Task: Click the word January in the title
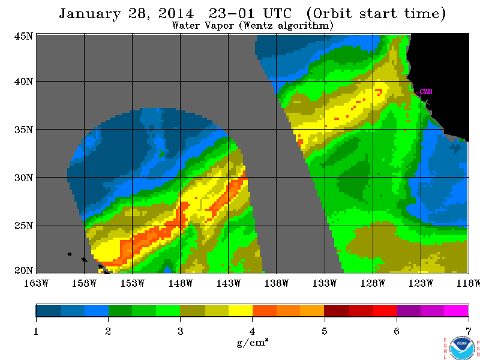click(89, 14)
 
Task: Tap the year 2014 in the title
click(176, 13)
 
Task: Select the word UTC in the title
click(277, 13)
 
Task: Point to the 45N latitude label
click(23, 37)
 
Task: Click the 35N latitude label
click(23, 130)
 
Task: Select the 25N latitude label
click(23, 226)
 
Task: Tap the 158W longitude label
click(84, 283)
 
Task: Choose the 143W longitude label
click(229, 283)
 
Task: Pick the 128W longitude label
click(373, 283)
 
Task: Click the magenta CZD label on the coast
click(426, 91)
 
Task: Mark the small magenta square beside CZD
click(418, 94)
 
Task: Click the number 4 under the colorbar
click(252, 331)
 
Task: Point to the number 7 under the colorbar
click(468, 331)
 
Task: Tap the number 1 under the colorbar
click(36, 331)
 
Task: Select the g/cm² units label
click(252, 342)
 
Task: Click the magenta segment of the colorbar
click(456, 310)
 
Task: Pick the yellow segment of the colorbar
click(241, 310)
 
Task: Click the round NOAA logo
click(462, 348)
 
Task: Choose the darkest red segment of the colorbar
click(337, 310)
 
